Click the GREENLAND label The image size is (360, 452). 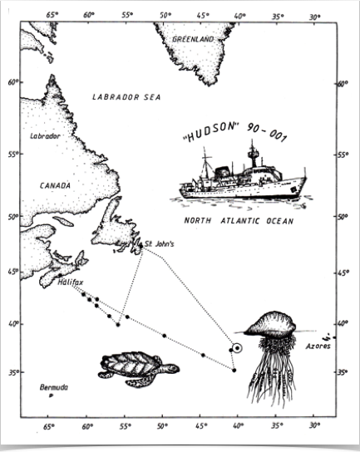tap(192, 39)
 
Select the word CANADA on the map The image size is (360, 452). tap(55, 185)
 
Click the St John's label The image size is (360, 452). tap(160, 243)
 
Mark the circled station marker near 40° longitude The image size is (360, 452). tap(238, 349)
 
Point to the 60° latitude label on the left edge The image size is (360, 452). tap(14, 82)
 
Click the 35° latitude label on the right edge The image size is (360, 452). tap(342, 372)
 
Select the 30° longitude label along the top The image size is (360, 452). tap(314, 15)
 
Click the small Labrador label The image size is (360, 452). tap(45, 135)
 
